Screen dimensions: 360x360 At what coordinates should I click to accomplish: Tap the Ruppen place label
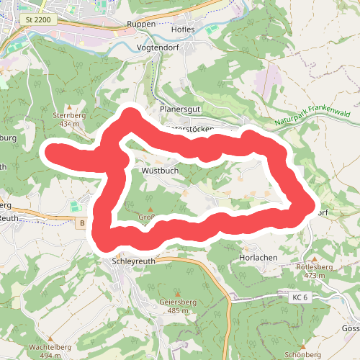(140, 24)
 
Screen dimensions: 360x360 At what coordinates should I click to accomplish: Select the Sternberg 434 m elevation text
(69, 124)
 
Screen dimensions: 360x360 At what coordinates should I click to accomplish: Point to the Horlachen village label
(254, 256)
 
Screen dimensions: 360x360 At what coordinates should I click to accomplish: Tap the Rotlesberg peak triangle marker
(315, 258)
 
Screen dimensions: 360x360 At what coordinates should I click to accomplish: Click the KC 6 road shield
(300, 297)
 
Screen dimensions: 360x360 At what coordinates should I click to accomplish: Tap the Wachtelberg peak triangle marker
(50, 338)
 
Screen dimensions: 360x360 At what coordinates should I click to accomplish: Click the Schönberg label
(302, 355)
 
